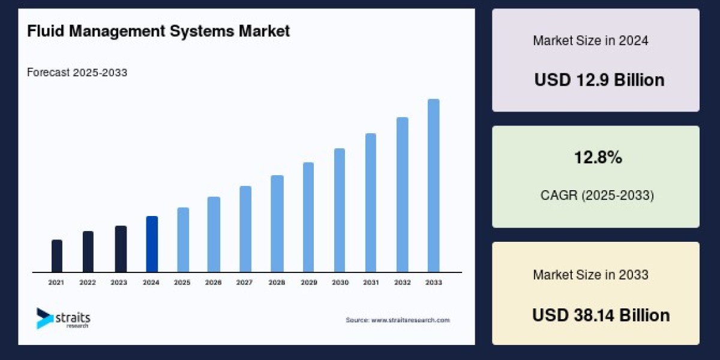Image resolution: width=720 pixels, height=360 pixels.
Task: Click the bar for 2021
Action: [57, 256]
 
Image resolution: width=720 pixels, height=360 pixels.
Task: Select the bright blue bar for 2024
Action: [152, 244]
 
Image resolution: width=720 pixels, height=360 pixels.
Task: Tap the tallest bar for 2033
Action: [433, 185]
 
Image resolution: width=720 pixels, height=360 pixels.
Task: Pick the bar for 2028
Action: [277, 224]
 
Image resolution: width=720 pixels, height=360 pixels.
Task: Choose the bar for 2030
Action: [340, 210]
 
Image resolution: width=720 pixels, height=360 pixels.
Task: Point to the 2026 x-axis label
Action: [214, 282]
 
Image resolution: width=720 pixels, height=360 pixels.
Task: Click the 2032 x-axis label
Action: [402, 282]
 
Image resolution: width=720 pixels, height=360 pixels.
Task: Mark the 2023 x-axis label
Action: [119, 282]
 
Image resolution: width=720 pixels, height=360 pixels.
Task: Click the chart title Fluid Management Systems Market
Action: [158, 31]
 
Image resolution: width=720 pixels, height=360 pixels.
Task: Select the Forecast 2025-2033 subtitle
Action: [77, 73]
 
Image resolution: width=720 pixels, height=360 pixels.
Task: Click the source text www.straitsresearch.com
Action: [398, 320]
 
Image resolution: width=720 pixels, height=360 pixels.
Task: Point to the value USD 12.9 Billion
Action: [599, 80]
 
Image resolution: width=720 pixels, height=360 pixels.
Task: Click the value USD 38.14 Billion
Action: [601, 315]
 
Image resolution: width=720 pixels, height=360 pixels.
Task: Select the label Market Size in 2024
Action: [590, 41]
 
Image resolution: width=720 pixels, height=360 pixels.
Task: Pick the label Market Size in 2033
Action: [590, 275]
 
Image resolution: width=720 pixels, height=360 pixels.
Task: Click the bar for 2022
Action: [88, 252]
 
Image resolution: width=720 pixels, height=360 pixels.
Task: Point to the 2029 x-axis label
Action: [308, 282]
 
